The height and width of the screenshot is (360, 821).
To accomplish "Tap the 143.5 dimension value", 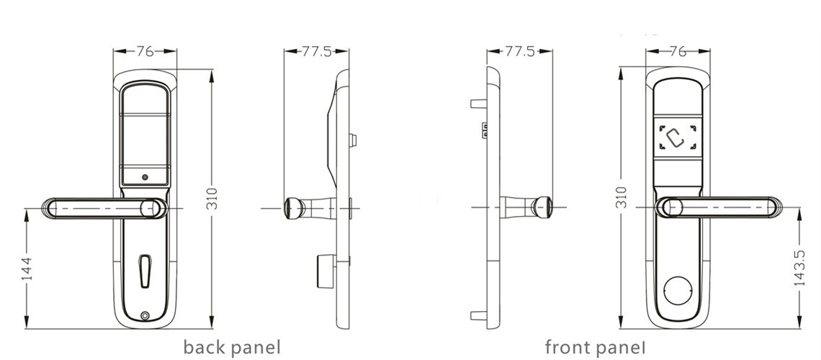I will click(x=799, y=269).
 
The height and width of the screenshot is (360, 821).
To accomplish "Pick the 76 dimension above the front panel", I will click(x=678, y=51).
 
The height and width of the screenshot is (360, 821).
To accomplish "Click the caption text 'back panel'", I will click(x=231, y=348).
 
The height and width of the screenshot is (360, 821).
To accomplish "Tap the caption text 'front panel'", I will click(x=595, y=348).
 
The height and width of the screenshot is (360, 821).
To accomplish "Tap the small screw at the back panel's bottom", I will click(x=146, y=315).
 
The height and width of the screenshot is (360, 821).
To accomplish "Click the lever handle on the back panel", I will click(x=101, y=209).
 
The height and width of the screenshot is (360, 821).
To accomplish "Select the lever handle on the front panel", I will click(x=720, y=207).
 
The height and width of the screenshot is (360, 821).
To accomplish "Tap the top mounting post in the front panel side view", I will click(x=478, y=103).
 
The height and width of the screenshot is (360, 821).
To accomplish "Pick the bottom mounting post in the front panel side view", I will click(x=478, y=315).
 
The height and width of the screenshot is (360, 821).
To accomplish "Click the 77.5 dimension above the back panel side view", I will click(x=316, y=51).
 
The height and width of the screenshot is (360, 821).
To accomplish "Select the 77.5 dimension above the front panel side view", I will click(x=519, y=51).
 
